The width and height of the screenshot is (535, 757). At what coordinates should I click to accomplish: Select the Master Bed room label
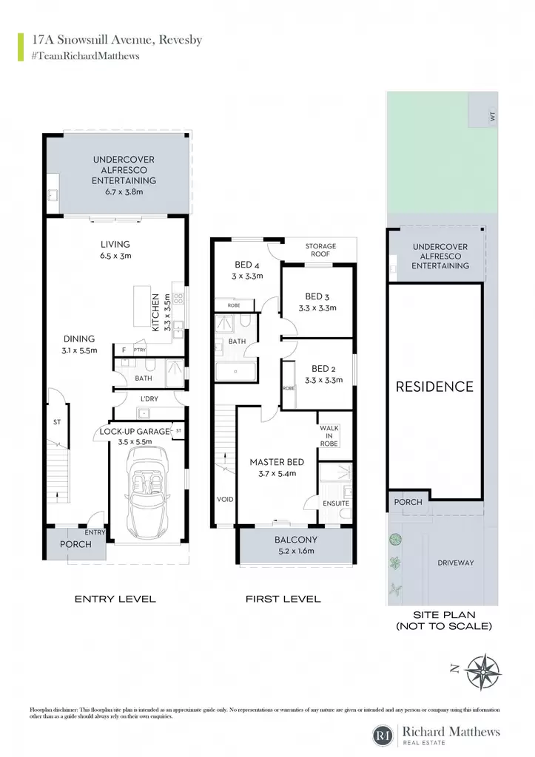(277, 462)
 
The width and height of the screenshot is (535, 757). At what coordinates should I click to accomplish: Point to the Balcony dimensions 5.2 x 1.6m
(296, 550)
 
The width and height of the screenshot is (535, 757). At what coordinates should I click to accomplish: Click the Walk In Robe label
(329, 436)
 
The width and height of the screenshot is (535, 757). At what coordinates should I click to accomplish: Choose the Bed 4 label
(247, 265)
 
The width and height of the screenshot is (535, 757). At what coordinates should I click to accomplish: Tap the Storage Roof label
(320, 250)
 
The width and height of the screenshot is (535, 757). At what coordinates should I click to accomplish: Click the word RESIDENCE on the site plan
(434, 387)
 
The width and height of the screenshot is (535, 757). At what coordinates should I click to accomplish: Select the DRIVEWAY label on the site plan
(455, 563)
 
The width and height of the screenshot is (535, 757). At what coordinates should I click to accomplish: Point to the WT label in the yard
(493, 116)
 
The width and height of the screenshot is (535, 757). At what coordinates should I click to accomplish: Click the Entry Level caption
(115, 599)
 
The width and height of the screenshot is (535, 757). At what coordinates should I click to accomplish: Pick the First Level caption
(283, 599)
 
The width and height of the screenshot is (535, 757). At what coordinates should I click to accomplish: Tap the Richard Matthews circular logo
(384, 736)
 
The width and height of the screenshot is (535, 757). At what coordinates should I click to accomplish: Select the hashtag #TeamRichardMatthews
(86, 56)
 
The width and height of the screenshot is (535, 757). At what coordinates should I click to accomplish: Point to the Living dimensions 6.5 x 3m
(115, 256)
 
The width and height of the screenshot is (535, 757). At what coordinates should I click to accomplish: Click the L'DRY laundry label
(149, 398)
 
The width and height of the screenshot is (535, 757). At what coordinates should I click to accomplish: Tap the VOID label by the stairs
(225, 499)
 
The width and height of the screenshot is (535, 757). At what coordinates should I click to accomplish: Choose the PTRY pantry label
(140, 350)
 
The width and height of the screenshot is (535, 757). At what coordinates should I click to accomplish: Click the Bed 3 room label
(317, 296)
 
